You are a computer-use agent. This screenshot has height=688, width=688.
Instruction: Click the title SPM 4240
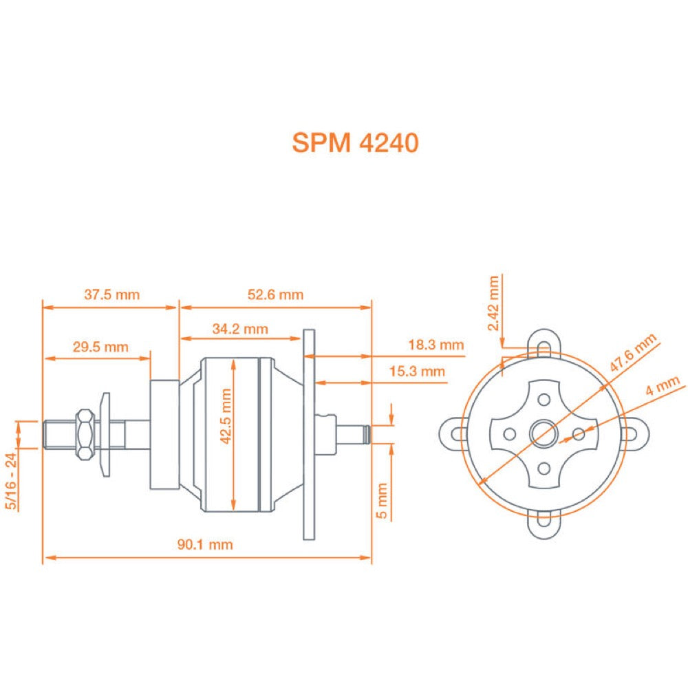tap(354, 142)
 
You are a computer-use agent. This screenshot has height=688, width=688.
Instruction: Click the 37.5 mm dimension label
tap(111, 295)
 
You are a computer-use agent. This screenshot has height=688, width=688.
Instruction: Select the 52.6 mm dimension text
tap(275, 295)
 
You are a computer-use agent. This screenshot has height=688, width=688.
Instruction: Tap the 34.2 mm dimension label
tap(239, 329)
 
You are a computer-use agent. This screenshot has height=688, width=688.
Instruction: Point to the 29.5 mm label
tap(100, 347)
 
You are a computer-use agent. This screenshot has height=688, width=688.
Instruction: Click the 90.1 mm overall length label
tap(205, 545)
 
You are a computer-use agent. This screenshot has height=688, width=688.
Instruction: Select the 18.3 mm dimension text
tap(436, 345)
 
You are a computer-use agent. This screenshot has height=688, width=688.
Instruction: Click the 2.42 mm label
tap(493, 303)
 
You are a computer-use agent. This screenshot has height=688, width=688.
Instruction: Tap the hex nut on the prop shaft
tap(85, 433)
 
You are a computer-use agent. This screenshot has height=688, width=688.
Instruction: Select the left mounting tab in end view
tap(453, 433)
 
